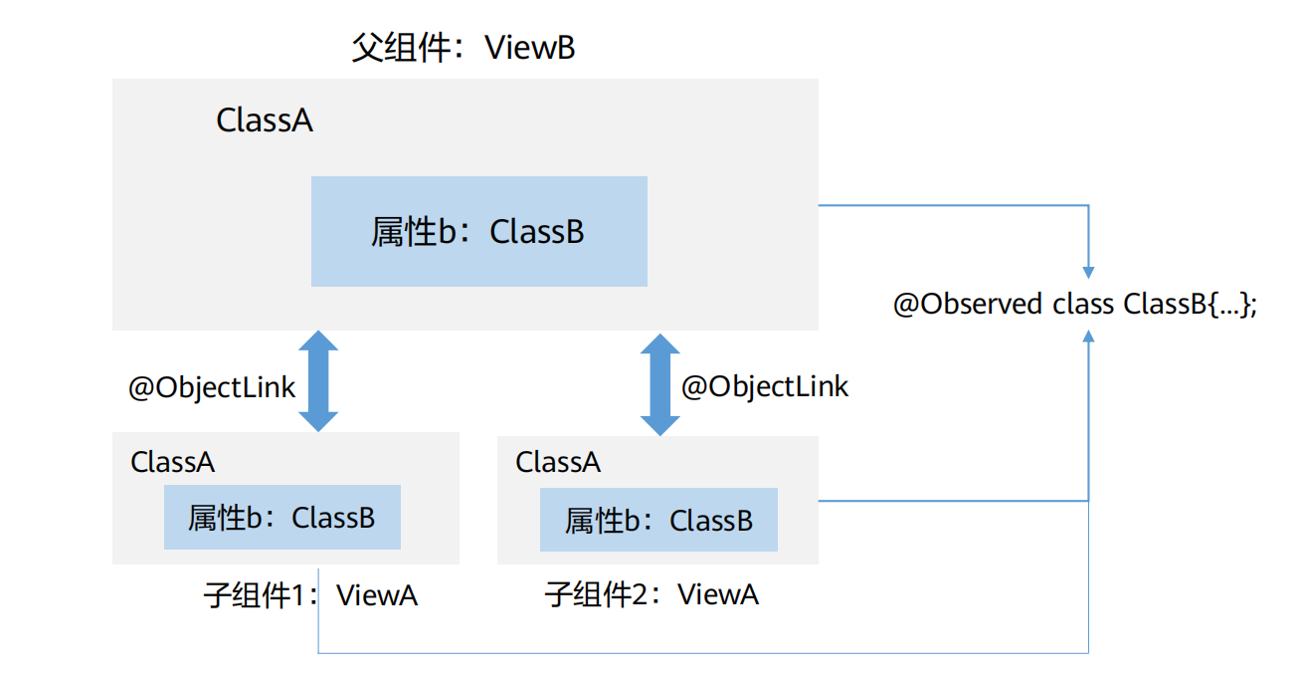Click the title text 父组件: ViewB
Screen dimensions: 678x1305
464,48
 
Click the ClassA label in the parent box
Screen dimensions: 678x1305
265,120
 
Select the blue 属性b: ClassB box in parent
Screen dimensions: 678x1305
478,231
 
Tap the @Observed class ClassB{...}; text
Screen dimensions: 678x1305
1075,304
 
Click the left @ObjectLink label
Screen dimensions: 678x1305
212,387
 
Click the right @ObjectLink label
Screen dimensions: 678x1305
764,386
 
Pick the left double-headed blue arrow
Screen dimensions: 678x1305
319,381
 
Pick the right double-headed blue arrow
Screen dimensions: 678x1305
659,384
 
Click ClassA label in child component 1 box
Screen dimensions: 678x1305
173,462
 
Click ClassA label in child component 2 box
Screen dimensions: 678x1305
558,462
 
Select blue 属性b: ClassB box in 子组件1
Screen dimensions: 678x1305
281,518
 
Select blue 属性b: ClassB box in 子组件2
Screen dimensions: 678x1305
658,520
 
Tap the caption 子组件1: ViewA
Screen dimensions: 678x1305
310,595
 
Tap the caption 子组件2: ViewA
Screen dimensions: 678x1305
652,595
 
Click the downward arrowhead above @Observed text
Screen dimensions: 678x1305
1089,271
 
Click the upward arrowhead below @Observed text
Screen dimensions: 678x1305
1089,338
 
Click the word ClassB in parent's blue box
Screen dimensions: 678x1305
537,232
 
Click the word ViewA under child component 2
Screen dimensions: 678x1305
717,595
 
